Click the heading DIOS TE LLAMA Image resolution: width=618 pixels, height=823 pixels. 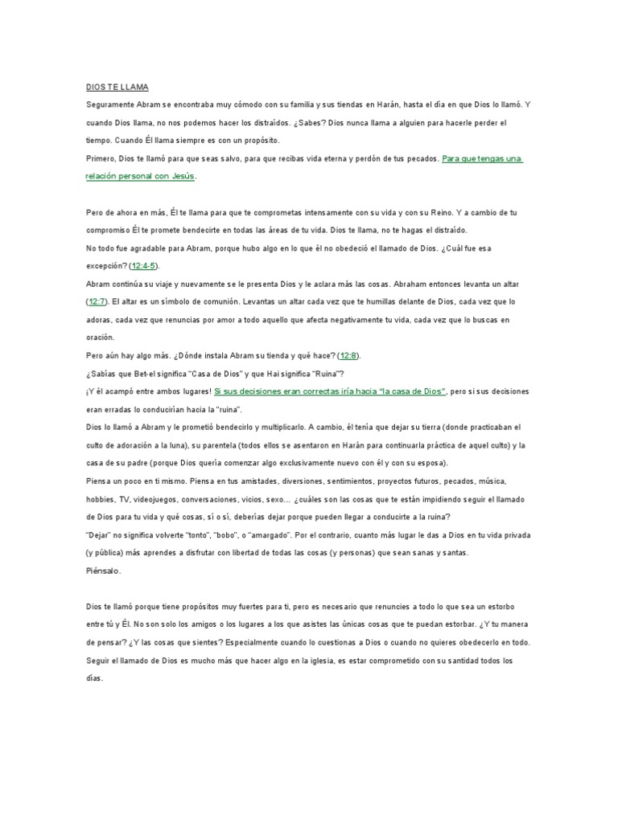click(x=117, y=87)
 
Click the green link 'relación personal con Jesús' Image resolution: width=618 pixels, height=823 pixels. click(x=141, y=176)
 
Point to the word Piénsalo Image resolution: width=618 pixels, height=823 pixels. click(x=103, y=571)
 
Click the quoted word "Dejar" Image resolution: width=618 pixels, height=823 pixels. click(x=99, y=535)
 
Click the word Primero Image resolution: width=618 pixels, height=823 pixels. click(x=101, y=158)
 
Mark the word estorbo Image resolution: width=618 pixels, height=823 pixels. click(x=512, y=608)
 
